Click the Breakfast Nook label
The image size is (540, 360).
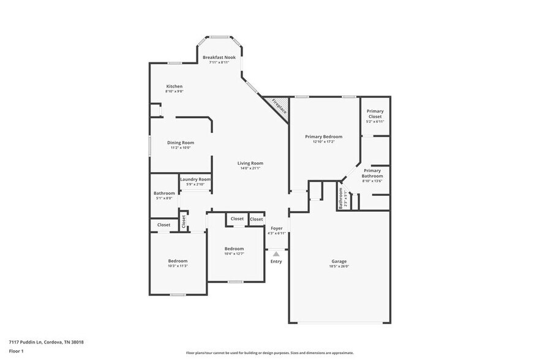pos(219,57)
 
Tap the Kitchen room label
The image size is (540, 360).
pos(174,86)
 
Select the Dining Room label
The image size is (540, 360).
pos(181,143)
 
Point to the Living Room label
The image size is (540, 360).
pos(250,163)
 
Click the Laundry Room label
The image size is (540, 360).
pos(195,179)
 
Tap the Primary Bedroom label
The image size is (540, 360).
pos(324,137)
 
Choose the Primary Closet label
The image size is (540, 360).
pos(375,111)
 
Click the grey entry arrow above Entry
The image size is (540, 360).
pos(276,253)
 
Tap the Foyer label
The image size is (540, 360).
pos(277,228)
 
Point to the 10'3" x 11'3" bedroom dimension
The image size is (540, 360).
pos(178,266)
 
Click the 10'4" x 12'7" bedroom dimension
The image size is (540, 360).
pos(234,253)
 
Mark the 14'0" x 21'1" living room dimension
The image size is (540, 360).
pos(250,168)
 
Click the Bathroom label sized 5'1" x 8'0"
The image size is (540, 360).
pos(164,193)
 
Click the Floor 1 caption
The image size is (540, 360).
pos(16,351)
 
